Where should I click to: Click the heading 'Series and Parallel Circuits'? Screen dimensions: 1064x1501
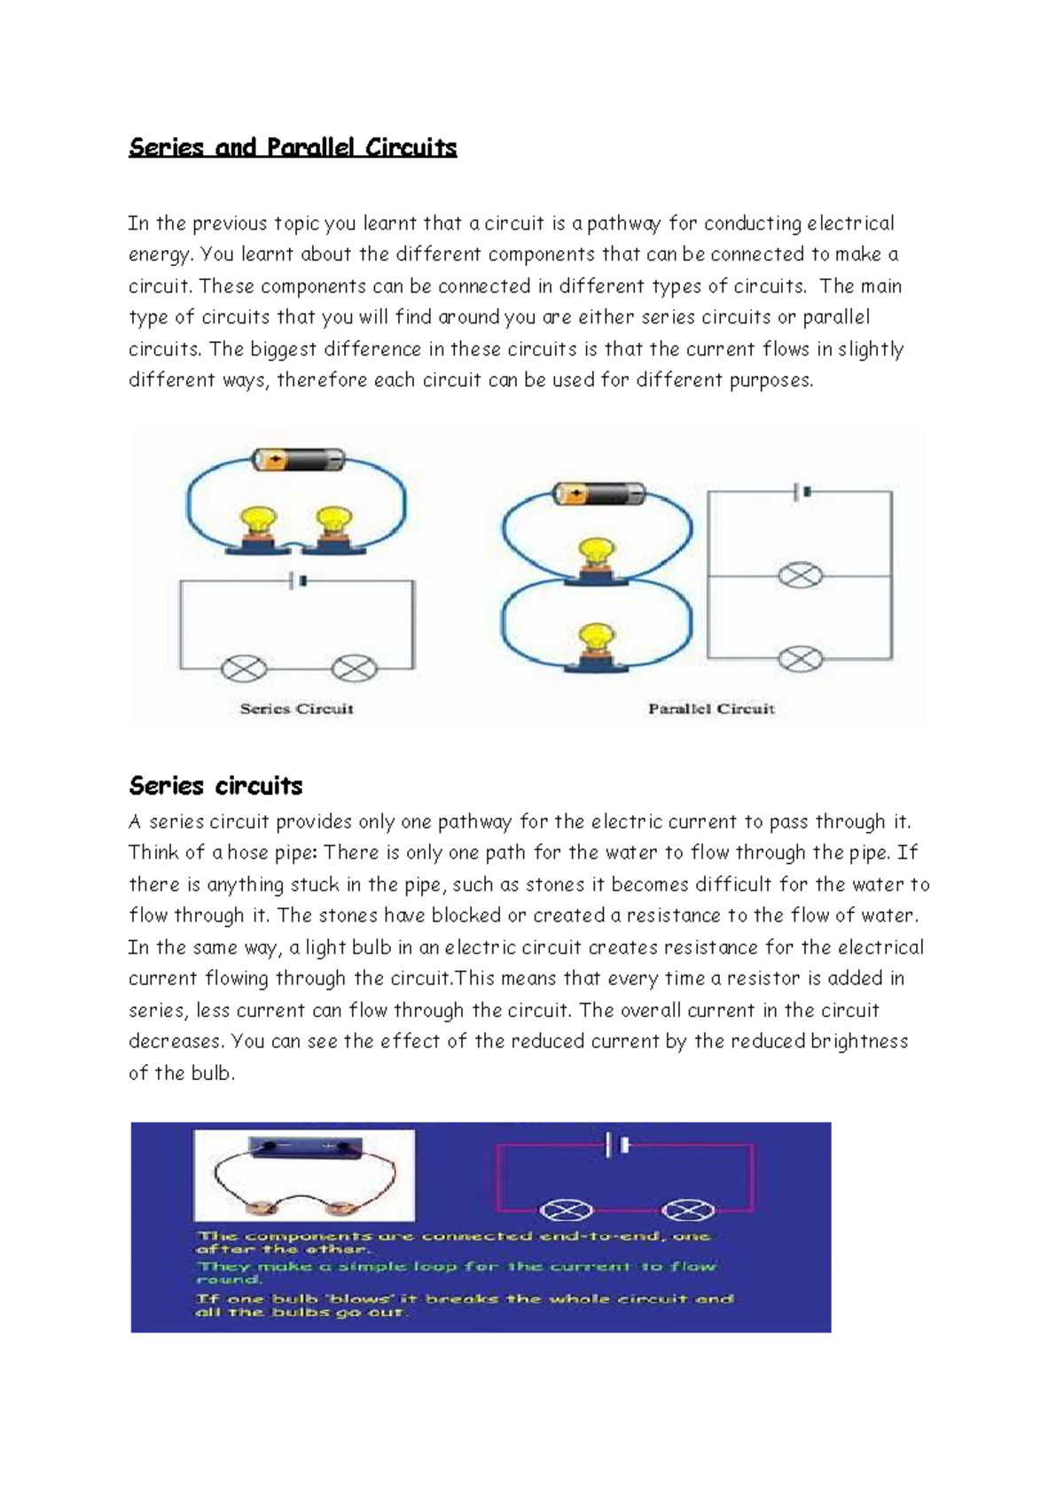click(293, 147)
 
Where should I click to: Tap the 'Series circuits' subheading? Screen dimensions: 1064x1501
click(215, 786)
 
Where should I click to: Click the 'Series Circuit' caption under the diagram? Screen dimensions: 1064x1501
click(296, 709)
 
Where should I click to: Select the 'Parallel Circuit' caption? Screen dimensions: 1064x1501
click(711, 709)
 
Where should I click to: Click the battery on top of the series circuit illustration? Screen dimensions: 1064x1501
click(298, 460)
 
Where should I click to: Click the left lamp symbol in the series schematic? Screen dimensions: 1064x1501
click(243, 668)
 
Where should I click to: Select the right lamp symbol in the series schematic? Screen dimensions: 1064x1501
click(354, 668)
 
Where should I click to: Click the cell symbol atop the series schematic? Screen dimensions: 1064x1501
click(298, 581)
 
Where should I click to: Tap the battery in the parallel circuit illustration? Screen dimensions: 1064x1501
click(599, 494)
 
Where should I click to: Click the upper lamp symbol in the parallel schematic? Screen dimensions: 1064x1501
click(800, 576)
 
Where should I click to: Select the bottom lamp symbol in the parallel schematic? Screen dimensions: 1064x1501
click(800, 658)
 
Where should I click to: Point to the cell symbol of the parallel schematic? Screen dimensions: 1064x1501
click(802, 492)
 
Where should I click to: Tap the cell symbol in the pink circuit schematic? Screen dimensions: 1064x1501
click(616, 1146)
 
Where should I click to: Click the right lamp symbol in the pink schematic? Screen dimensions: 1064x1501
click(689, 1210)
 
